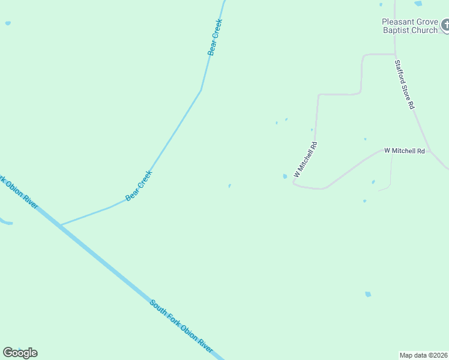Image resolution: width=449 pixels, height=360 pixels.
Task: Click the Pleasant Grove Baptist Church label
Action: [410, 26]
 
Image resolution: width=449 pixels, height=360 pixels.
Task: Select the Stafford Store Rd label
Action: [405, 84]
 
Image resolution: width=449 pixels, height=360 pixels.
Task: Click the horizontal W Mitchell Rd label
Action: [405, 151]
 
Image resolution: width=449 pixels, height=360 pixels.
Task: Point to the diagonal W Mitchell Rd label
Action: [305, 159]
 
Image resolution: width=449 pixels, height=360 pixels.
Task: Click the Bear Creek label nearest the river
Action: [139, 185]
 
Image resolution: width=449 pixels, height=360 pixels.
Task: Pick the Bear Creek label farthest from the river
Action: [215, 37]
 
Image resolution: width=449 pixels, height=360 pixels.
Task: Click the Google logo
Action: [20, 353]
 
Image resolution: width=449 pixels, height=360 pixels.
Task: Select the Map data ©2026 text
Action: [424, 355]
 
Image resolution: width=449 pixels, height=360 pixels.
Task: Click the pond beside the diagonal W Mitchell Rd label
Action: [285, 176]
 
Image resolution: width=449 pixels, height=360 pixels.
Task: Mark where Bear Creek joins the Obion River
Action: [59, 226]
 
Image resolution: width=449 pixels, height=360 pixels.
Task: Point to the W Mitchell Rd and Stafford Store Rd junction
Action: [430, 150]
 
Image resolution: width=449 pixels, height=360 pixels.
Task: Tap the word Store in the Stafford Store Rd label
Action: [405, 85]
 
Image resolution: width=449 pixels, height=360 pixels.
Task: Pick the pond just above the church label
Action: [418, 4]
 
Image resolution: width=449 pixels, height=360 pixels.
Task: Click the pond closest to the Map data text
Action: [368, 294]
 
